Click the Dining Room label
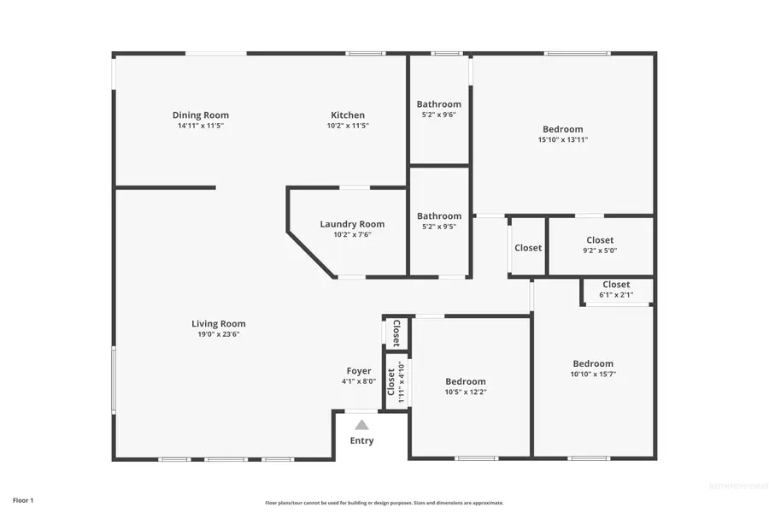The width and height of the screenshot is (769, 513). tap(201, 115)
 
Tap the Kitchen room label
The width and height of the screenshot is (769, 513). tap(348, 115)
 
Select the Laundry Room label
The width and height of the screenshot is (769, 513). tap(352, 224)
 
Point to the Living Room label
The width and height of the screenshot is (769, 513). tap(219, 324)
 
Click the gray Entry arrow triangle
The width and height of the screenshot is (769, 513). tap(361, 425)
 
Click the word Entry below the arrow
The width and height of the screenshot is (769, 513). tap(361, 441)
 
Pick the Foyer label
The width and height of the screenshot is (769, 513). tap(358, 371)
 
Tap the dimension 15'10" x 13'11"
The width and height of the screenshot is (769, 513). tap(563, 139)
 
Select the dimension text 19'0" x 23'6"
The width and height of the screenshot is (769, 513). tap(219, 334)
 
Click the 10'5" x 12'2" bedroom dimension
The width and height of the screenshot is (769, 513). tap(465, 392)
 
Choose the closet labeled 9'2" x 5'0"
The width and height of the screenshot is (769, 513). tap(600, 251)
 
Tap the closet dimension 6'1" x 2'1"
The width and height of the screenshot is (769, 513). tap(616, 295)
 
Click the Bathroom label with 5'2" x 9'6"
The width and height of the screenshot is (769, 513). tap(439, 104)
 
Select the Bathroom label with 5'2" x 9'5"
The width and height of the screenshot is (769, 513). tap(439, 216)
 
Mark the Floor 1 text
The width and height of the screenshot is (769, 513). tap(23, 499)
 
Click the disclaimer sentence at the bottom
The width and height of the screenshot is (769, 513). tap(384, 503)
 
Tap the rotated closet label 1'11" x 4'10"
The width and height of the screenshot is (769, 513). tap(401, 382)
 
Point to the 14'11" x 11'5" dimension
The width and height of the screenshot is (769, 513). tap(201, 126)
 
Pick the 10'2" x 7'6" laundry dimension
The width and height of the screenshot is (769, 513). tap(352, 234)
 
